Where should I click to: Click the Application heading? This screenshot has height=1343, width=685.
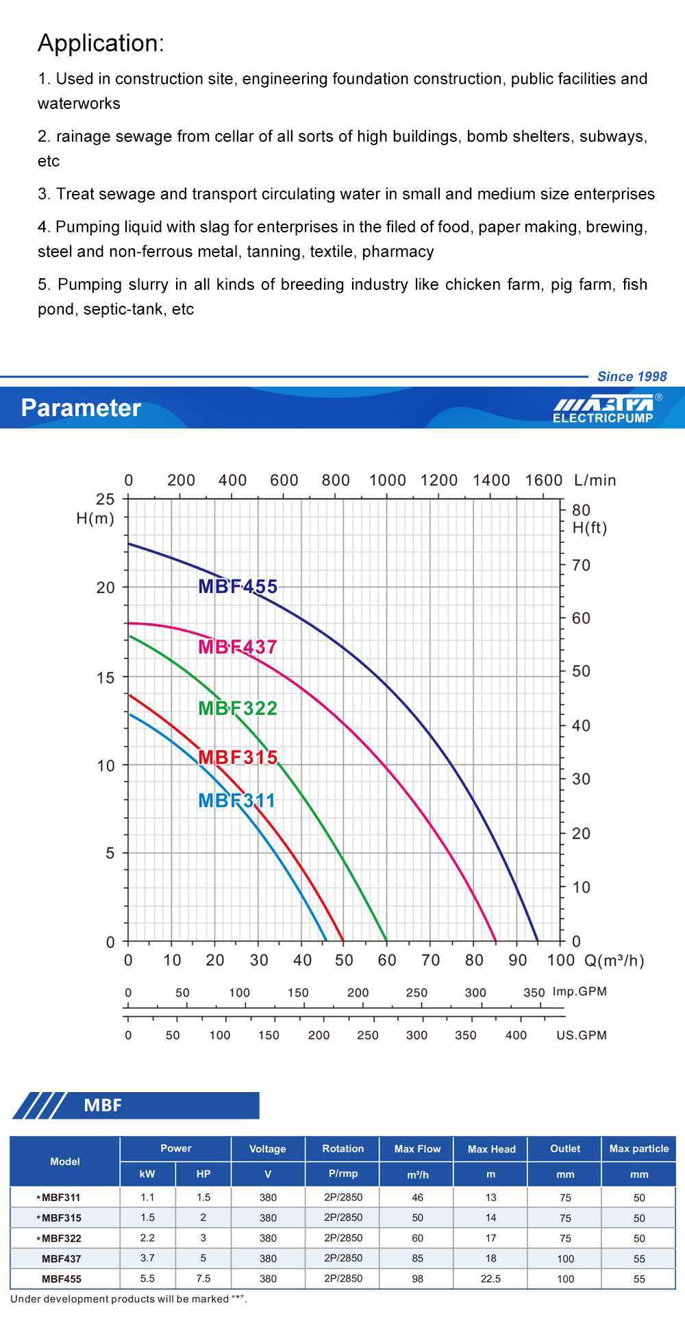101,43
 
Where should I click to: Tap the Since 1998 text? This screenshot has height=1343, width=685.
632,376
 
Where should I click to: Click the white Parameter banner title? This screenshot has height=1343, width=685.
81,408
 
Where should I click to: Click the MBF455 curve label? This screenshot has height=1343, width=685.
238,587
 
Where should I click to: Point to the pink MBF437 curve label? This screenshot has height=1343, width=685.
238,647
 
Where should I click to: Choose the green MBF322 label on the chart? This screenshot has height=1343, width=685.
238,708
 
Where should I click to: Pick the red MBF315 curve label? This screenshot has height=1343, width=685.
238,758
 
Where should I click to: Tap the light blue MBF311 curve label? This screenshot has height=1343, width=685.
236,801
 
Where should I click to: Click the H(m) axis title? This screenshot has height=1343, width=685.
95,518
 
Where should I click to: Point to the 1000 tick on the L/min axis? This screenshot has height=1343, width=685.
388,481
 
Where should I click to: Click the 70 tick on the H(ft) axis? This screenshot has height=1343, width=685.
581,566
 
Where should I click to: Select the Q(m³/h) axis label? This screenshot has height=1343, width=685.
614,960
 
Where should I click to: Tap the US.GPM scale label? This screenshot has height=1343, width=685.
582,1035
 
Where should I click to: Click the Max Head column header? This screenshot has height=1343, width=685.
491,1149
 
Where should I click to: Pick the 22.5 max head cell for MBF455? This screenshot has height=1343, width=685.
491,1279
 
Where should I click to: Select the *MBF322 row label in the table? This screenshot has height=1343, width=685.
60,1238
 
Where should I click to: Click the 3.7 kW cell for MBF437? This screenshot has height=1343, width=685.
147,1258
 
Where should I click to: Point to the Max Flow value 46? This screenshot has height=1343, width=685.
418,1198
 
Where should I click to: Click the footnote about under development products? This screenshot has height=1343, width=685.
129,1299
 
